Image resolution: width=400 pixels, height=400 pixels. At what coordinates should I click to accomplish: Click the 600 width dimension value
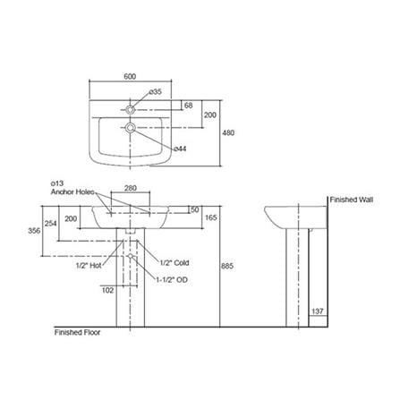coord(130,76)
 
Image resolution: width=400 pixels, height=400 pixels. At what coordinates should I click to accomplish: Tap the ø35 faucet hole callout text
coord(156,91)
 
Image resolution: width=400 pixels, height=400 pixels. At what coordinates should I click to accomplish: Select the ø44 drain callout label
coord(180,149)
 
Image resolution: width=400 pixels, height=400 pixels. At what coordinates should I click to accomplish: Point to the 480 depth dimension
coord(228,132)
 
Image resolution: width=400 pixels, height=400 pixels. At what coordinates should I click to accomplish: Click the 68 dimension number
coord(189,106)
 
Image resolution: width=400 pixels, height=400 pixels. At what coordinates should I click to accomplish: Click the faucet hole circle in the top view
coord(130,109)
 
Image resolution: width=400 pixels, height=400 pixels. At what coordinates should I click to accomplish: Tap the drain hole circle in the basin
coord(130,128)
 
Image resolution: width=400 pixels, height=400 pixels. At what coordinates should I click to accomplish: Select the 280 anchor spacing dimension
coord(131,188)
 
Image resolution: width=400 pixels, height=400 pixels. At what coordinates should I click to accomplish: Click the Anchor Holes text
coord(72,191)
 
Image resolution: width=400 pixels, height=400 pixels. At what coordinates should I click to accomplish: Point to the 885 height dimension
coord(227,266)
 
